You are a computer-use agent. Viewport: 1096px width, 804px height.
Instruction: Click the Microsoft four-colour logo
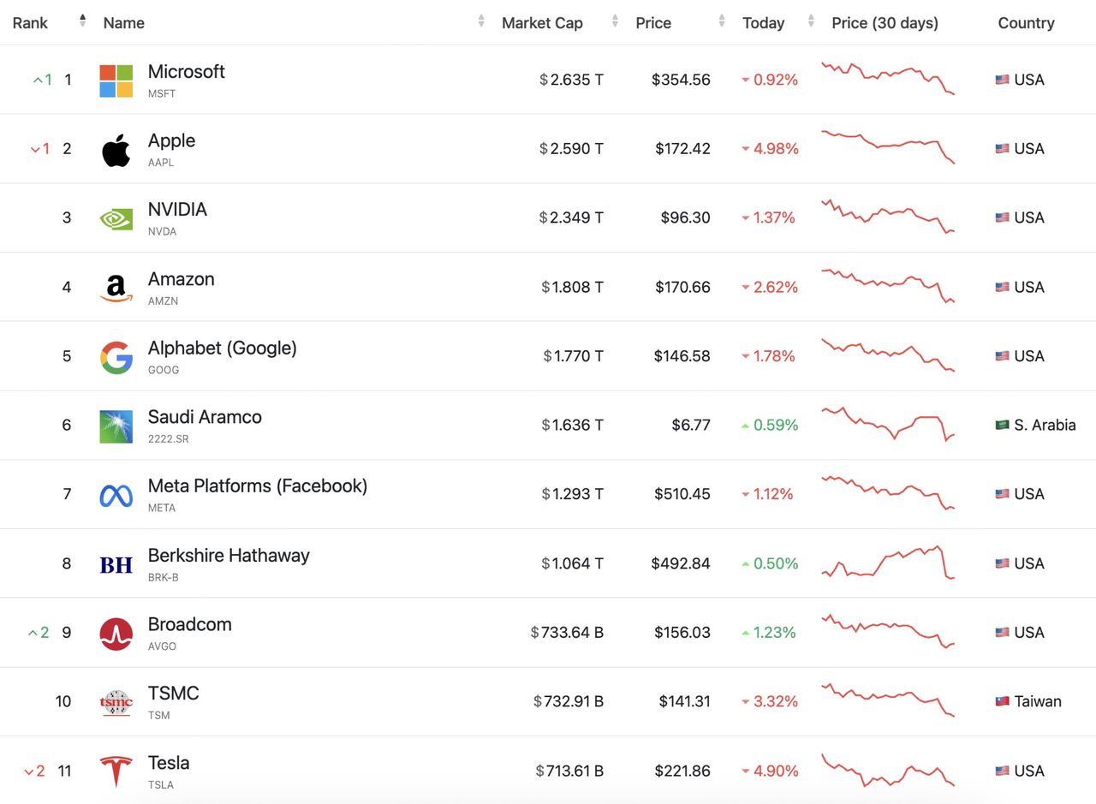tap(116, 80)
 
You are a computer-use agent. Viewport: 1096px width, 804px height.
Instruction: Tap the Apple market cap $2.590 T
tap(571, 149)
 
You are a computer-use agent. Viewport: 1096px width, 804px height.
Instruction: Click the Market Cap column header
tap(542, 23)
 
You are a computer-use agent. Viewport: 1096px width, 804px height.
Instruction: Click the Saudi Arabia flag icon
tap(1002, 425)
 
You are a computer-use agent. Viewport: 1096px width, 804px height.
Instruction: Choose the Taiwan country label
tap(1038, 701)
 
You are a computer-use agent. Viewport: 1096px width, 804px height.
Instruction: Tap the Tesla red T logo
tap(116, 771)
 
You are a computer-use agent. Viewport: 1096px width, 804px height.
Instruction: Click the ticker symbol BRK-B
tap(163, 577)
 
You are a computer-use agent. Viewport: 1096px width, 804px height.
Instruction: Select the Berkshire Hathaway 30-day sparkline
tap(887, 563)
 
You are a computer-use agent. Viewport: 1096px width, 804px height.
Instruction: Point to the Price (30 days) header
tap(885, 23)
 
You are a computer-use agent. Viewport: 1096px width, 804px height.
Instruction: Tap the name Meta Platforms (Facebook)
tap(257, 486)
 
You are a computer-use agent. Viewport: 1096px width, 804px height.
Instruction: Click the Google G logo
tap(116, 357)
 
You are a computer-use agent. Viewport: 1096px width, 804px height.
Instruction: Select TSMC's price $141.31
tap(684, 701)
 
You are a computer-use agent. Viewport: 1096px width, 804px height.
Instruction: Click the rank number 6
tap(67, 425)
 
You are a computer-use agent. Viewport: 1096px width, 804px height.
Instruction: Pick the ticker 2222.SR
tap(168, 438)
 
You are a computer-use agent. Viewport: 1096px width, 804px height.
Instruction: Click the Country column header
tap(1026, 23)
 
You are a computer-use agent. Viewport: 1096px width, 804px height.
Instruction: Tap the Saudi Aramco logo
tap(116, 426)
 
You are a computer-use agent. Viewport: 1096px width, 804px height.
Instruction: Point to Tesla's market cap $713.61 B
tap(569, 771)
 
